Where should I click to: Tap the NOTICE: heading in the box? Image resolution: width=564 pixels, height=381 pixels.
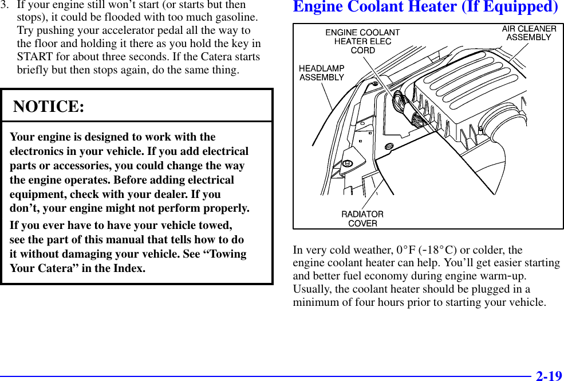[x=49, y=107]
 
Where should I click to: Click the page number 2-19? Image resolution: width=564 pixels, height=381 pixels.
[x=549, y=376]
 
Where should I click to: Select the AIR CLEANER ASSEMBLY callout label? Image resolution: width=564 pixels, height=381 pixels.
[x=528, y=33]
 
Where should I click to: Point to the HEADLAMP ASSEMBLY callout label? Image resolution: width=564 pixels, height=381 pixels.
[x=322, y=73]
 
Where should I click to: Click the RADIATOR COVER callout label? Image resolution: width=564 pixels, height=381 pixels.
[x=362, y=219]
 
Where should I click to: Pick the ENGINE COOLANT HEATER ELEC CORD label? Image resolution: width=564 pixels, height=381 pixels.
[x=362, y=41]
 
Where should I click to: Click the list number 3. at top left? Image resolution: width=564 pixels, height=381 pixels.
[x=5, y=5]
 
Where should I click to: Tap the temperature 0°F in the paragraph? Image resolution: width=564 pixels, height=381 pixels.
[x=405, y=250]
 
